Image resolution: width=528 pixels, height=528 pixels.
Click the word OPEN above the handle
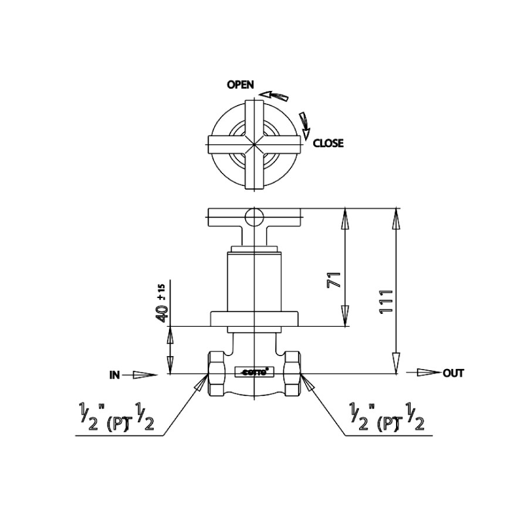pos(241,85)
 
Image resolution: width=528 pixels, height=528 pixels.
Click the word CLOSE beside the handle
pos(328,143)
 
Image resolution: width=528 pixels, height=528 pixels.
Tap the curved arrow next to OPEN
pos(275,94)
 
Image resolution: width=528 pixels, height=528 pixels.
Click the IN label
pos(114,374)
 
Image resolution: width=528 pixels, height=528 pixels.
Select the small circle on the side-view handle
pos(255,218)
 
